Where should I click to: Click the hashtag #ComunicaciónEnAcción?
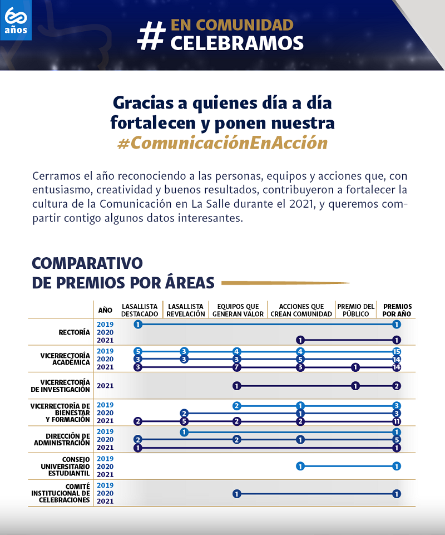(222, 143)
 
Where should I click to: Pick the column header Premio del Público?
(356, 310)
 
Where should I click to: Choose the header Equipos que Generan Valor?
(238, 310)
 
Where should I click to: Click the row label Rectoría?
(74, 332)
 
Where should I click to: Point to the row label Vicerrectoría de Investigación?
(65, 385)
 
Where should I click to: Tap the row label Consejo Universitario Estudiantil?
(65, 467)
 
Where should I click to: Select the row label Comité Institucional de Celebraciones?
(61, 493)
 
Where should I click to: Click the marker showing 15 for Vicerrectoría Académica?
(397, 352)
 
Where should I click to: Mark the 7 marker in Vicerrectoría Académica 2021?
(237, 367)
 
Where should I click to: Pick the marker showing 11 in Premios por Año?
(397, 421)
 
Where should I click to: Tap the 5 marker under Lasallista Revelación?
(185, 421)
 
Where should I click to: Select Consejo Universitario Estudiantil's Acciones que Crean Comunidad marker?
(300, 467)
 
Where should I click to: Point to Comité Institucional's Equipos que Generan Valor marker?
(237, 494)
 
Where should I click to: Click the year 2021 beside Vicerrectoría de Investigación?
(105, 385)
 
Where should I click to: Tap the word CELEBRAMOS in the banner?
(237, 43)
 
